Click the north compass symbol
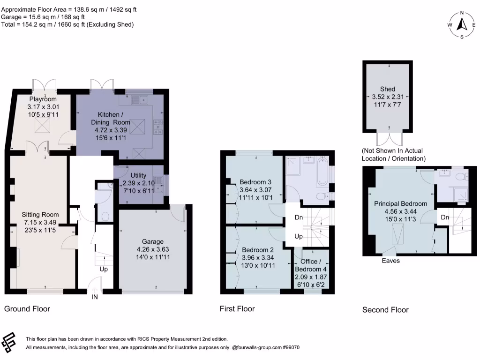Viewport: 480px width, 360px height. coord(462,24)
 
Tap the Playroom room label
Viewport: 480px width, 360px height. coord(43,99)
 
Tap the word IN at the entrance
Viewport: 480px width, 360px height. coord(95,297)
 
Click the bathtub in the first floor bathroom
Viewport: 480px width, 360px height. coord(322,173)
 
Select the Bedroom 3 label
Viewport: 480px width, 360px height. coord(255,182)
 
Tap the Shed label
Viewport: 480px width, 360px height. coord(388,89)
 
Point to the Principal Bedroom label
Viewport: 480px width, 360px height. coord(400,203)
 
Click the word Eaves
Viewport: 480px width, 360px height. coord(390,261)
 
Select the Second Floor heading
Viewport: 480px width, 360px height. coord(385,310)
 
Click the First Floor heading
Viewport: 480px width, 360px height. coord(237,309)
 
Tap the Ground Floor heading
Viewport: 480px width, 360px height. coord(27,309)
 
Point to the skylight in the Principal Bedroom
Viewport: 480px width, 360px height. coord(398,233)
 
